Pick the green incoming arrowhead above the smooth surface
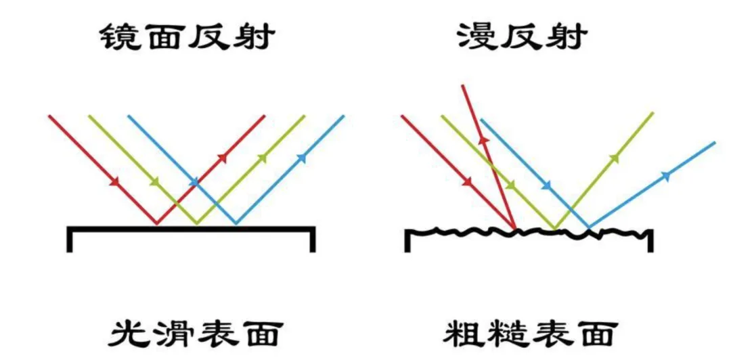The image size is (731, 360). pyautogui.click(x=155, y=181)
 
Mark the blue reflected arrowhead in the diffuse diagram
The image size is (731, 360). pyautogui.click(x=666, y=175)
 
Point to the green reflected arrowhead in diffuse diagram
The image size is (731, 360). pyautogui.click(x=615, y=158)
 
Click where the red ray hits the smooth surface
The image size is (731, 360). pyautogui.click(x=157, y=223)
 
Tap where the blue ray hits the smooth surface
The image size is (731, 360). pyautogui.click(x=236, y=223)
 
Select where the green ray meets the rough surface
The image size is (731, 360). pyautogui.click(x=555, y=228)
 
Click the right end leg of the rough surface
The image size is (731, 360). pyautogui.click(x=650, y=240)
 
